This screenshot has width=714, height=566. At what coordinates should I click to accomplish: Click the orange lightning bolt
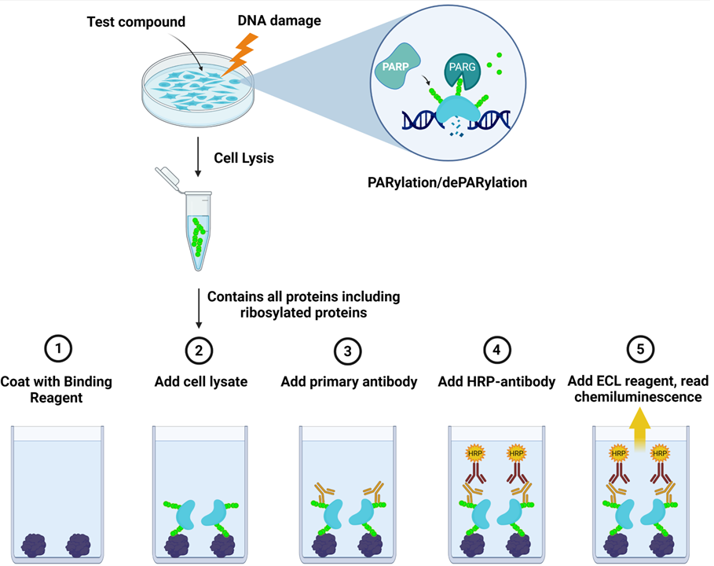[239, 56]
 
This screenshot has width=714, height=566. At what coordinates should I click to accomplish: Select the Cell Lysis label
[243, 158]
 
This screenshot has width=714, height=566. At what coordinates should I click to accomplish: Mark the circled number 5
[642, 349]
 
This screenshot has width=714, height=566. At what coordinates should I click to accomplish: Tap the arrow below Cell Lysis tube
[198, 311]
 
